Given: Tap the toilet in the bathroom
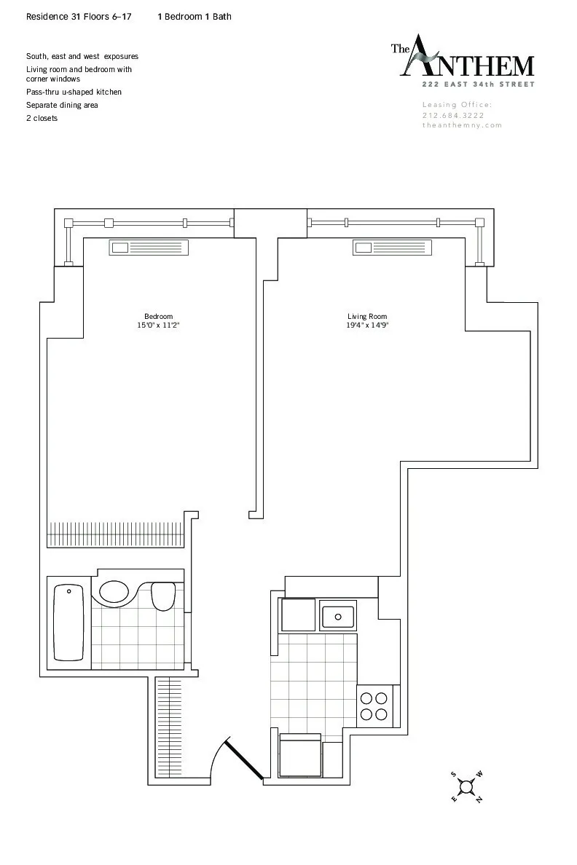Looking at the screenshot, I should [163, 596].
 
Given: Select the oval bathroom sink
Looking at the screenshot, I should [114, 591].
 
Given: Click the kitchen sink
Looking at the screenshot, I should [338, 616].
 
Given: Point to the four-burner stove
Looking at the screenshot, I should [374, 705].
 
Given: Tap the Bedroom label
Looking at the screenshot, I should [158, 316].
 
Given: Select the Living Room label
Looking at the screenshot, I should [366, 316].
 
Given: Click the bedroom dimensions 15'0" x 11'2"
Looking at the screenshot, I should [158, 325].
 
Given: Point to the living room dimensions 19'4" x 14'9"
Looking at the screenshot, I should [366, 325].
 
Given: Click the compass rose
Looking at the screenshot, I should [466, 787].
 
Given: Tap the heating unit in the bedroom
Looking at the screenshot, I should [149, 248].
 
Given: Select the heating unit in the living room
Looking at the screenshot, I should [393, 248].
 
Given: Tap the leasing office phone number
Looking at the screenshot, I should [453, 115].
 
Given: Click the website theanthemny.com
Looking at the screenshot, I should [462, 125].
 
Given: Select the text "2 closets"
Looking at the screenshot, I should [42, 118].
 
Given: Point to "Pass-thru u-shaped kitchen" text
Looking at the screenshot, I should [74, 92].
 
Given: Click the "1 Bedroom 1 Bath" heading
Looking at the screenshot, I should [195, 16].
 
